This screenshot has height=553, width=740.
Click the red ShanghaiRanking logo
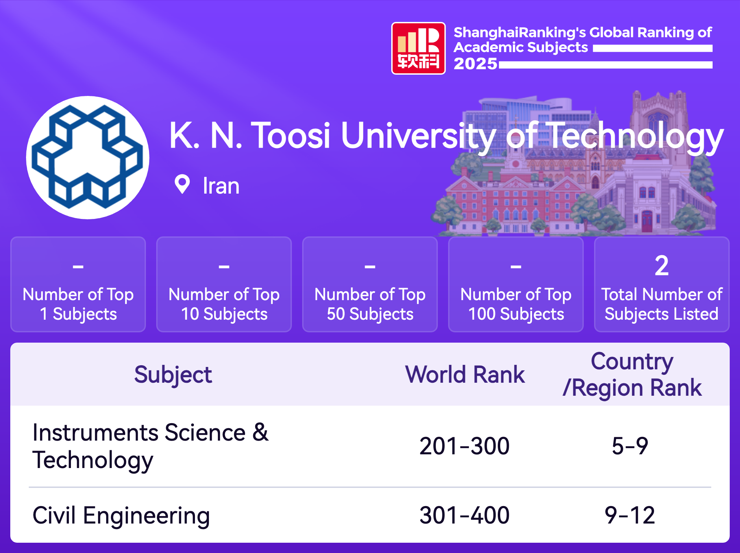(418, 48)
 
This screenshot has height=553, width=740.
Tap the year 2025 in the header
(475, 64)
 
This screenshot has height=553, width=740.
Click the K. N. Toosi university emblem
(88, 158)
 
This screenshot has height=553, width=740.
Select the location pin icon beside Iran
(182, 184)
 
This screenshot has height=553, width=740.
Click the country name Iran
(221, 186)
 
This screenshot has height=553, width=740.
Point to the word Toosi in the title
(291, 136)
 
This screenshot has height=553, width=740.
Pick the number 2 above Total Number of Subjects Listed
(662, 266)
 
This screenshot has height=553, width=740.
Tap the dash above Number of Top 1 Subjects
(78, 266)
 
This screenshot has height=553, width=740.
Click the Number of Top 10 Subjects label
(224, 304)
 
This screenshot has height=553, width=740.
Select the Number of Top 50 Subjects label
(370, 304)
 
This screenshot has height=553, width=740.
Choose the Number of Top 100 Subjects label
(516, 304)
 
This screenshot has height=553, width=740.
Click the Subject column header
(173, 375)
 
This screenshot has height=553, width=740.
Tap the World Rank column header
(465, 374)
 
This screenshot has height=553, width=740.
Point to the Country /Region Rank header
(632, 374)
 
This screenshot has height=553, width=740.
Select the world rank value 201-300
(465, 446)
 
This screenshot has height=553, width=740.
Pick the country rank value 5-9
(630, 446)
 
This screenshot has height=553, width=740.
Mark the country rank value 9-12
(630, 515)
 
